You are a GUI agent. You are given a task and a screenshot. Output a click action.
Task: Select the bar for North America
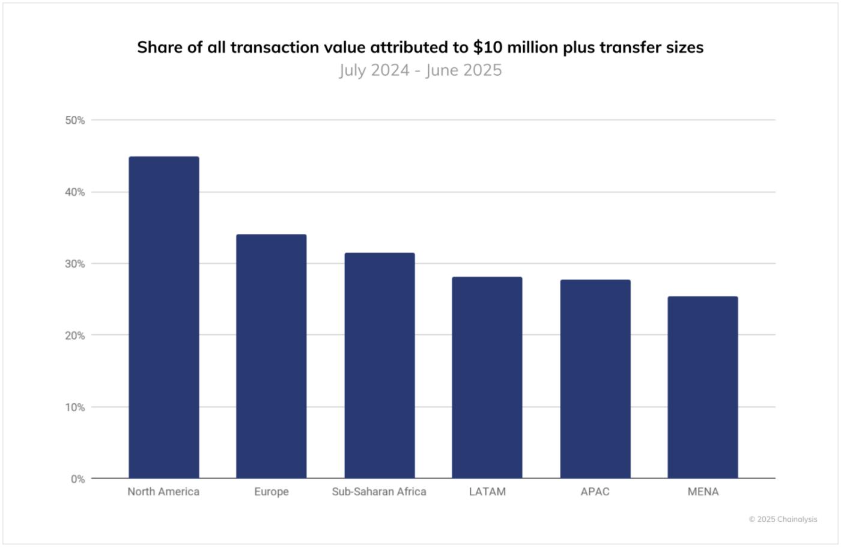[x=163, y=317]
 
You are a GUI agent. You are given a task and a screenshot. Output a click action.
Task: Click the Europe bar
[x=271, y=356]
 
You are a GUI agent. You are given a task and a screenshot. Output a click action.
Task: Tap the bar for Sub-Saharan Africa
[x=379, y=365]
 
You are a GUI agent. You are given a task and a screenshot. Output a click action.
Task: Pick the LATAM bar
[x=487, y=377]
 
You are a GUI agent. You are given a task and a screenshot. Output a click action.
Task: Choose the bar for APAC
[x=595, y=379]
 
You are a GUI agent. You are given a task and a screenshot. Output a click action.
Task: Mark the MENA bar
[x=702, y=387]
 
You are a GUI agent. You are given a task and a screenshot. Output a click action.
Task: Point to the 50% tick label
[x=75, y=120]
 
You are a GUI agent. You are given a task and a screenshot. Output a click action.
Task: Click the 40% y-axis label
[x=75, y=192]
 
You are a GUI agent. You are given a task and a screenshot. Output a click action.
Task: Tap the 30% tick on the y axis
[x=75, y=264]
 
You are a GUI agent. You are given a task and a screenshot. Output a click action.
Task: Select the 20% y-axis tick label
[x=75, y=335]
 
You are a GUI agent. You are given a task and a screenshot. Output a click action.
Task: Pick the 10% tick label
[x=75, y=407]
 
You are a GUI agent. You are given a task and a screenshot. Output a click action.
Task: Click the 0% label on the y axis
[x=77, y=479]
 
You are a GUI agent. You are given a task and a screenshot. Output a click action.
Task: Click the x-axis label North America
[x=163, y=492]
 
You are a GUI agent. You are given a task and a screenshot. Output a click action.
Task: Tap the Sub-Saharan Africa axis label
[x=379, y=492]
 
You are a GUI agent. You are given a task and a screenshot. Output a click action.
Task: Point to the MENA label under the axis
[x=703, y=492]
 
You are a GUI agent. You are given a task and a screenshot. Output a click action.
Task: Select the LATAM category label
[x=487, y=492]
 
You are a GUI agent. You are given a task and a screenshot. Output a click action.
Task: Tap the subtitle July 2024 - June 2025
[x=421, y=70]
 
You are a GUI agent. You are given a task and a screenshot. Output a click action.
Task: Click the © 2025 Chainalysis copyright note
[x=783, y=519]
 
